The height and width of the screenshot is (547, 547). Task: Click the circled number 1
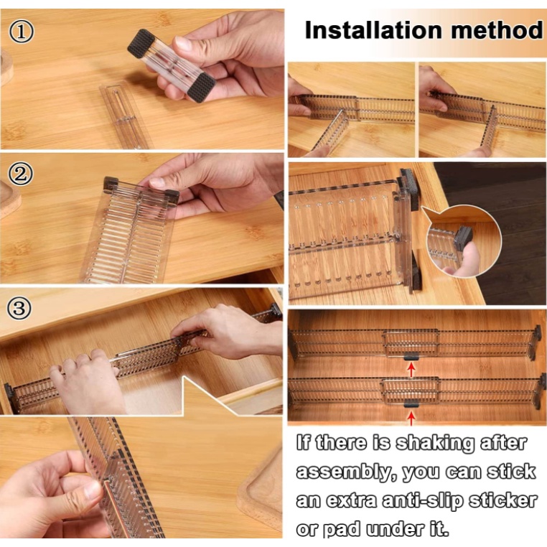[22, 32]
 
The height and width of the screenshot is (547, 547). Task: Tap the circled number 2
[21, 174]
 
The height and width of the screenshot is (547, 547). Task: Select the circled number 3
[19, 309]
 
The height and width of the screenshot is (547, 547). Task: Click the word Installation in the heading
[373, 30]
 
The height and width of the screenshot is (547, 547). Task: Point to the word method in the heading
[497, 30]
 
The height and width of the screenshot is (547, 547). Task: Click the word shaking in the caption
[435, 444]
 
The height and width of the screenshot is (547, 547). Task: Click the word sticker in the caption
[502, 500]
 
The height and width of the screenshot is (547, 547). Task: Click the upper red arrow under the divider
[411, 370]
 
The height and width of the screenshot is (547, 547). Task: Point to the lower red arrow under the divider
[411, 419]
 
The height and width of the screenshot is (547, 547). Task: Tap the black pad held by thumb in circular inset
[463, 238]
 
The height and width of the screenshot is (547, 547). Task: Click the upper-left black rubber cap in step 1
[141, 43]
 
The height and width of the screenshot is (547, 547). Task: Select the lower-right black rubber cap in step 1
[202, 87]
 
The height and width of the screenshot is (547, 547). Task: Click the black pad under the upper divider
[411, 357]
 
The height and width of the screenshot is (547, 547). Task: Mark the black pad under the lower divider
[411, 404]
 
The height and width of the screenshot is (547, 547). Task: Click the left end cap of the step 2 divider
[111, 184]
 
